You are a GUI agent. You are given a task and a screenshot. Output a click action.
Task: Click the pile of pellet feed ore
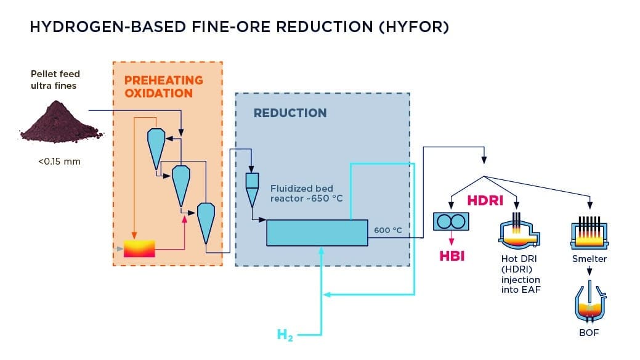coord(61,123)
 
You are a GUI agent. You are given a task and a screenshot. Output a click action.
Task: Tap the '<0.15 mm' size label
coord(59,162)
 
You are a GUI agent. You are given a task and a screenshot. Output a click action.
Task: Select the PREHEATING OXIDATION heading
coord(164,87)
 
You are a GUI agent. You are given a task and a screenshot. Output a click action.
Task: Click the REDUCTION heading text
coord(290,113)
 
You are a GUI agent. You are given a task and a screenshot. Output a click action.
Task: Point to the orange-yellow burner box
coord(139,248)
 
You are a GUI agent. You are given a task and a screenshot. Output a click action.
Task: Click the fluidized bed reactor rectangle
coord(317,233)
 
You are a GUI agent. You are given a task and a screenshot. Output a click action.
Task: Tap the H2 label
coord(285,335)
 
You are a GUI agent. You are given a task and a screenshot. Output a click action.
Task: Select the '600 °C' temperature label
coord(388,230)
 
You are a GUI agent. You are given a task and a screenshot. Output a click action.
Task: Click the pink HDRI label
coord(485,200)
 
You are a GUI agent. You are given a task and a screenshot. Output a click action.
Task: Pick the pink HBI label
coord(452,256)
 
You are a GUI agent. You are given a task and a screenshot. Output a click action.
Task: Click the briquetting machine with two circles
coord(451,221)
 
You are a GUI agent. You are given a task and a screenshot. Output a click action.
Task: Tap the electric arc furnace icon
coord(519,231)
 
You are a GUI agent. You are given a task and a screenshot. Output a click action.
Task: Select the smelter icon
coord(589,234)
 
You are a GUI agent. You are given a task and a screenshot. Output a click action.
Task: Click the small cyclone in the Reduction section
coord(252,189)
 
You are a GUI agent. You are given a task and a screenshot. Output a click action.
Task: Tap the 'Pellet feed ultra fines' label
coord(55,80)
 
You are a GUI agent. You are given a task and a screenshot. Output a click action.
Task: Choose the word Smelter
coord(589,259)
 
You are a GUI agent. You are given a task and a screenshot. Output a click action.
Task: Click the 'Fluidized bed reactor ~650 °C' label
coord(307,194)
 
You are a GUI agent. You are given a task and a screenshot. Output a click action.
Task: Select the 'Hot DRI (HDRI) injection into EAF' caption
coord(521,274)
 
